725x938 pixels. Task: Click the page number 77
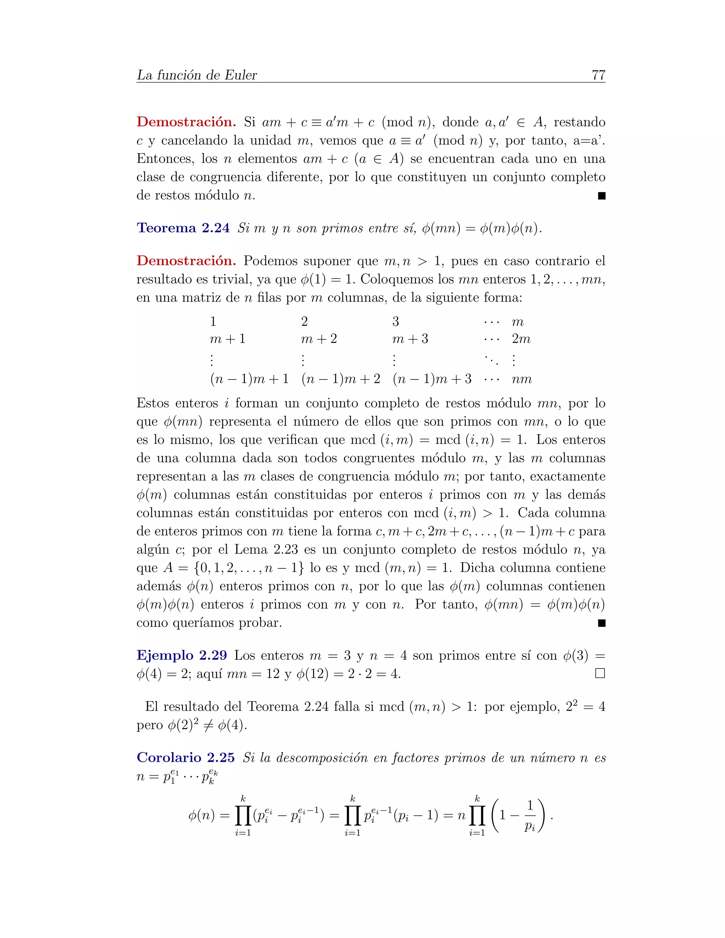(x=598, y=75)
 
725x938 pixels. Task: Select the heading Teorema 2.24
(x=183, y=228)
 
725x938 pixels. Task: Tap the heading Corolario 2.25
(x=185, y=757)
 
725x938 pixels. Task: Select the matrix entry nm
(x=521, y=379)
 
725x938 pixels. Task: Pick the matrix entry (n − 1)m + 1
(x=249, y=379)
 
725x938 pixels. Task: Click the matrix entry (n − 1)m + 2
(x=341, y=379)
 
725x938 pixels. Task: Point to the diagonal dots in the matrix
(x=491, y=360)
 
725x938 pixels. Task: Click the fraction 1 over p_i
(x=530, y=816)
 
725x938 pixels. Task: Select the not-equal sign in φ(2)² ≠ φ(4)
(x=208, y=725)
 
